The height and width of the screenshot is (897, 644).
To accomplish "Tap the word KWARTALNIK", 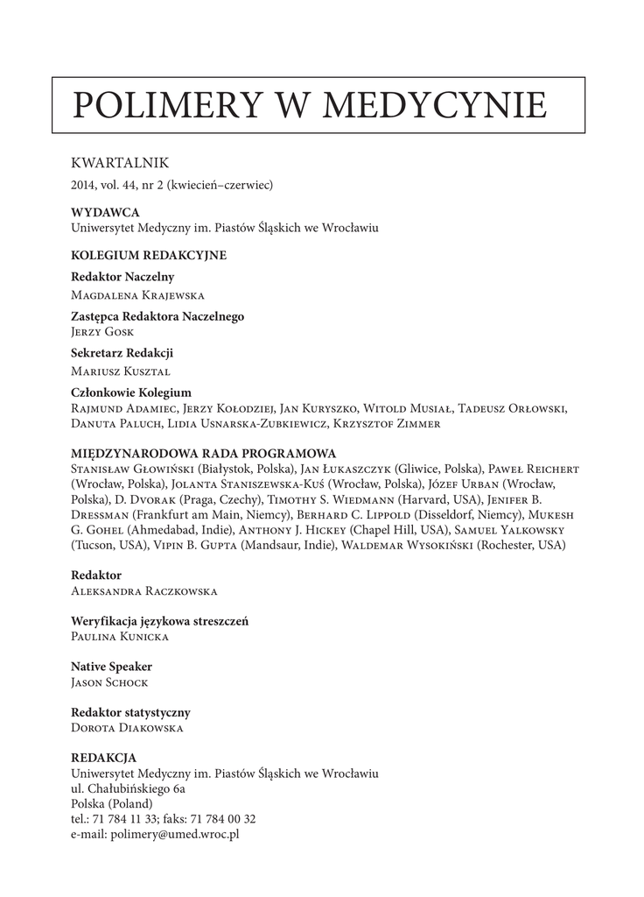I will [119, 163].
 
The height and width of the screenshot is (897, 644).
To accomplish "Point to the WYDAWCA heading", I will [105, 213].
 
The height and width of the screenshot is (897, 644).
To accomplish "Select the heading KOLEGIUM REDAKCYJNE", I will [149, 256].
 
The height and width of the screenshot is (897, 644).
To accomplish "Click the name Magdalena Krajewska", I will [138, 295].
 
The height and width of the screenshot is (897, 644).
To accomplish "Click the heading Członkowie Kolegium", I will [131, 392].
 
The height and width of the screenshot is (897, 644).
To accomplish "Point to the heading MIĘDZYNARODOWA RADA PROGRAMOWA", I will [203, 454].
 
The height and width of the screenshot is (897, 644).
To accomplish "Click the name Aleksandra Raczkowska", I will [143, 591].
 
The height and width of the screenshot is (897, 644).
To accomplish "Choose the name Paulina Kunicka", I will [120, 637].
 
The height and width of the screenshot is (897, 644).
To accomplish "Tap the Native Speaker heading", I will [112, 667].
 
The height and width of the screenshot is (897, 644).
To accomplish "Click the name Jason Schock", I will [110, 682].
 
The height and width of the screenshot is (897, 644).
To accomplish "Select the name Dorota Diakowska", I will [127, 728].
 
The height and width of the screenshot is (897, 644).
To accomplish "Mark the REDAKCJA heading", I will [103, 758].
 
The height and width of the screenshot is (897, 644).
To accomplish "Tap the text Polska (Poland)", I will [111, 804].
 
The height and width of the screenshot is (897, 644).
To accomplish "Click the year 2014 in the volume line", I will [83, 186].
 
